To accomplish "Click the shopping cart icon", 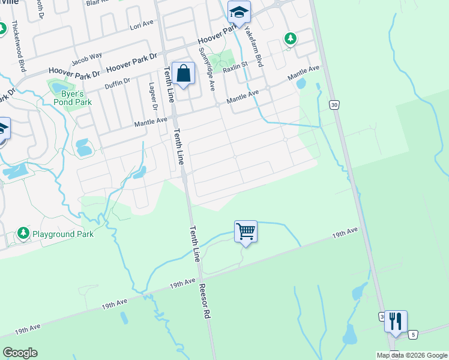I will [x=246, y=231].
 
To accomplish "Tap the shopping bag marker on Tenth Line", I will [x=184, y=74].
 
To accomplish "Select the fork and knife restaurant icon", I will [x=395, y=322].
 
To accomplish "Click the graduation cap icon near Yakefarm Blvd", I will [x=239, y=12].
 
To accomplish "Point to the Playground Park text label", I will [x=63, y=234].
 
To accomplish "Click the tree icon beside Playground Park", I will [x=23, y=233].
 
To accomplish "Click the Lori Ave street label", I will [x=141, y=27].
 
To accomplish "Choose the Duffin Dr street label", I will [x=117, y=82].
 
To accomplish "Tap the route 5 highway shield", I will [x=412, y=334].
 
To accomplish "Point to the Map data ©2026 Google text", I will [x=412, y=355].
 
